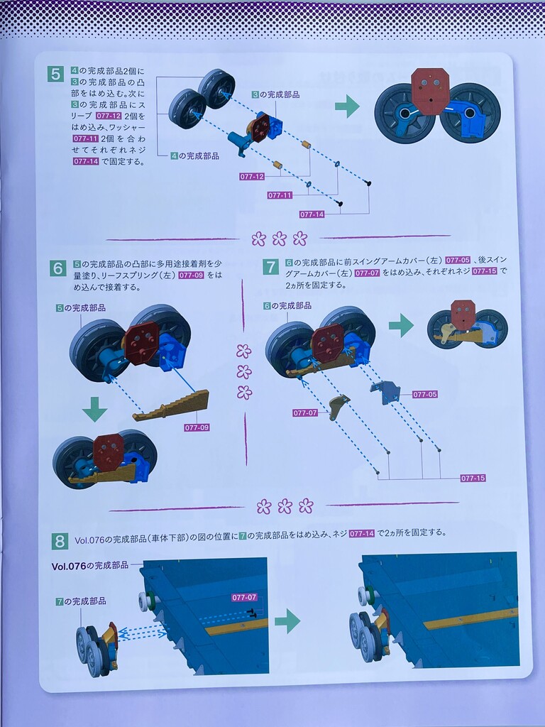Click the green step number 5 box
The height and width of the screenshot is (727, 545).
pos(55,74)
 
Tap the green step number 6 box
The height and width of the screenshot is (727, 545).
pos(58,268)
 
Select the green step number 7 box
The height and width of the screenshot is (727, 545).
pos(270,267)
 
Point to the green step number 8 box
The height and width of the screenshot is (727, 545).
pos(60,541)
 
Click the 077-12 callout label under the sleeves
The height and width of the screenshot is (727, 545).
pos(252,177)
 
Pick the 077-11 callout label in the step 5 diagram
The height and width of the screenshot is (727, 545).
pos(280,195)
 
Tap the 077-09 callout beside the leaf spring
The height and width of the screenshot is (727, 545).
pos(197,427)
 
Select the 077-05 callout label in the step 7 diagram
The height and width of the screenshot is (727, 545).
pos(425,395)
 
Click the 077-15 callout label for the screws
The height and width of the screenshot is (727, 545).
pos(473,478)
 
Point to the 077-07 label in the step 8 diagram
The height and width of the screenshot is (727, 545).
pos(244,598)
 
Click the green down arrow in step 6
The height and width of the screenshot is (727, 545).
pos(94,408)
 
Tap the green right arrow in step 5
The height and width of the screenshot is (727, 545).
pos(347,106)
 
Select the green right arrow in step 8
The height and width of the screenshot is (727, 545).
pos(287,621)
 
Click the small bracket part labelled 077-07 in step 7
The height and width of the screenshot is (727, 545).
pos(338,406)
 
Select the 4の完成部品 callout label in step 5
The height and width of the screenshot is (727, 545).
pos(194,155)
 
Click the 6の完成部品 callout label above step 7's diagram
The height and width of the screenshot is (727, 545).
pos(287,306)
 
